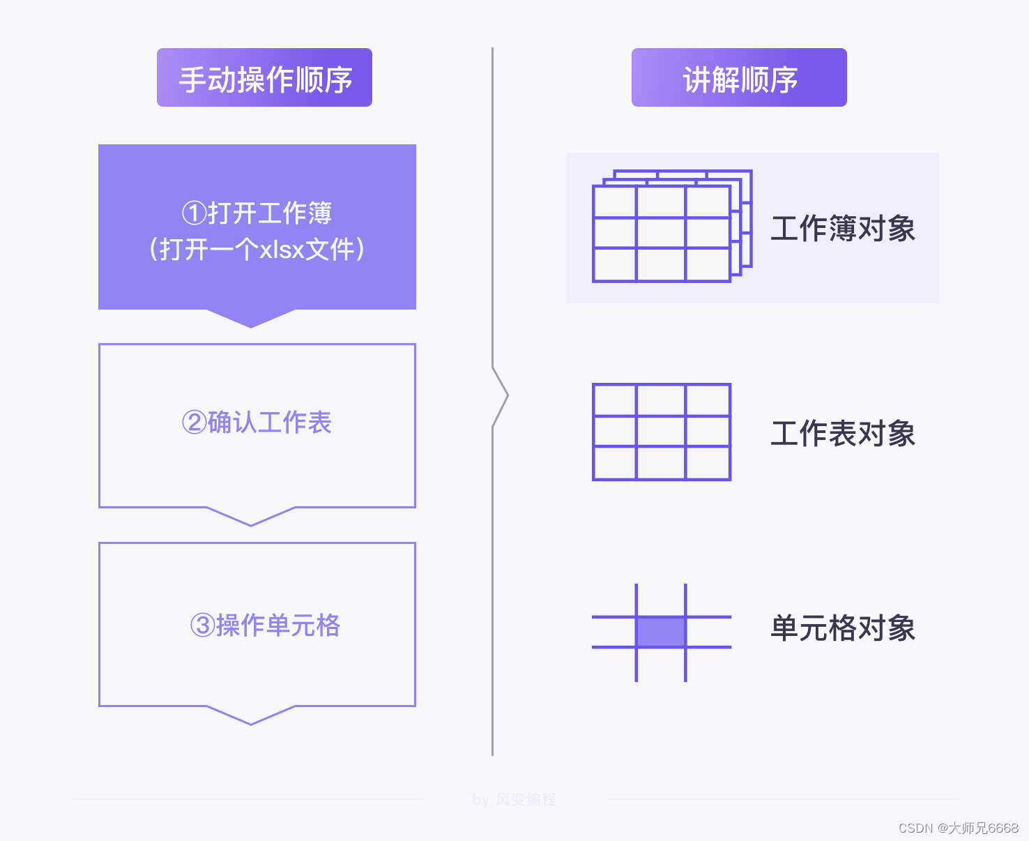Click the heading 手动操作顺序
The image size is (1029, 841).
265,79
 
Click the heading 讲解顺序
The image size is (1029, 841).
740,79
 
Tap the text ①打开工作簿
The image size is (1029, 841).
257,213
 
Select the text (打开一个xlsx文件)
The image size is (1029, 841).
257,249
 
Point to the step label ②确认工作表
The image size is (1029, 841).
257,423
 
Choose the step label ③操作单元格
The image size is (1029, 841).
266,626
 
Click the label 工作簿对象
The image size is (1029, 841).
843,229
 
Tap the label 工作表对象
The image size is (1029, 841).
843,434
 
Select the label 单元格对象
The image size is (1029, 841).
843,628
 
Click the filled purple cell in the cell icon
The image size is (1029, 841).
661,632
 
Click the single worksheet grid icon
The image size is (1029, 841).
662,432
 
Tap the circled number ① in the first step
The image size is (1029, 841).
195,213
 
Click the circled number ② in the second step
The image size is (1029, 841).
195,423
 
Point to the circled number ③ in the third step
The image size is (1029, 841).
203,626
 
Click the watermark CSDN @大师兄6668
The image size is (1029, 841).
959,828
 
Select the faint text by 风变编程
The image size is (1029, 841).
514,800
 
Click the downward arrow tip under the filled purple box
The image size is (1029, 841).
251,322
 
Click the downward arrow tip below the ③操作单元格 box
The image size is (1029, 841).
251,720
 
